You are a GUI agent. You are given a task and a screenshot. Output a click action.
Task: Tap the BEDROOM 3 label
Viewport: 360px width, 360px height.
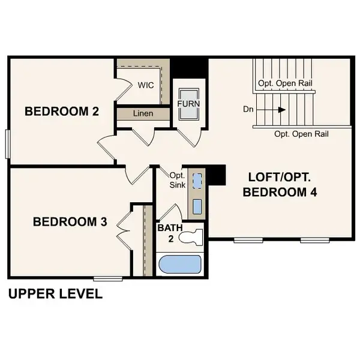point(70,222)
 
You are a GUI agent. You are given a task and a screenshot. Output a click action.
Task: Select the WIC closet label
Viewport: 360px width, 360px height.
point(146,85)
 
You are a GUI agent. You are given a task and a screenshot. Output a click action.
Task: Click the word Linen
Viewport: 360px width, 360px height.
point(143,113)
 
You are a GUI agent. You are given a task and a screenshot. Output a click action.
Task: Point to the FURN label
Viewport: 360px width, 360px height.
point(188,104)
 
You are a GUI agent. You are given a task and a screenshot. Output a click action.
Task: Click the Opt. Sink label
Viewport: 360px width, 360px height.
point(176,180)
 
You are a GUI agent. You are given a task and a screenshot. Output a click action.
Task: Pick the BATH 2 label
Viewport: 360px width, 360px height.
point(166,233)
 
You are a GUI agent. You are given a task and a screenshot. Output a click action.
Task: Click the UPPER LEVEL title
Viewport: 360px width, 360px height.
point(55,294)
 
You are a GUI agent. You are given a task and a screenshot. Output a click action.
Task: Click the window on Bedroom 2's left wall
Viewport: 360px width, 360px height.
point(8,144)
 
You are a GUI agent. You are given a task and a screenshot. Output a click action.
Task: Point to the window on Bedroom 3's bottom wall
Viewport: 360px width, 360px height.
point(109,278)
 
